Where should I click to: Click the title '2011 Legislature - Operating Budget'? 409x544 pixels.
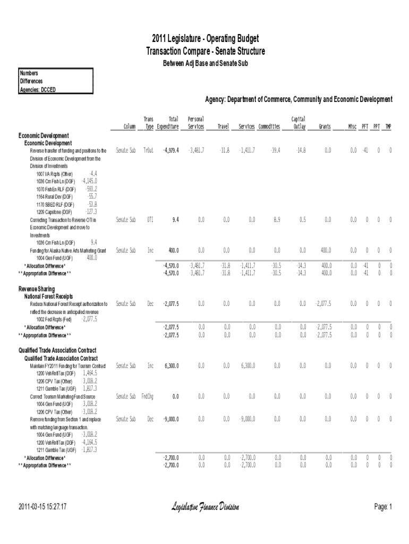point(205,39)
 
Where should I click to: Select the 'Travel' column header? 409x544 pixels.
point(223,127)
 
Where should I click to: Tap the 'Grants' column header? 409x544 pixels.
point(324,127)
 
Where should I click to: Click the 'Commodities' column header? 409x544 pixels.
point(269,127)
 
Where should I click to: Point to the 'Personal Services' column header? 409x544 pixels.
point(196,123)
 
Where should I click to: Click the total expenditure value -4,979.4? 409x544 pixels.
point(170,151)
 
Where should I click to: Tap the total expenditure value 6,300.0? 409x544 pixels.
point(172,366)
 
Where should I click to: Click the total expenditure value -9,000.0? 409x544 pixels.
point(170,419)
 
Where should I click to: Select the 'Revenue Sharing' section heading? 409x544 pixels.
point(37,288)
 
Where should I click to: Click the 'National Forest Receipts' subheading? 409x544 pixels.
point(49,296)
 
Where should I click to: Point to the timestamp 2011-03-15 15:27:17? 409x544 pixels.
point(42,507)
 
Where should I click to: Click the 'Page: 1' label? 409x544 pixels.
point(382,507)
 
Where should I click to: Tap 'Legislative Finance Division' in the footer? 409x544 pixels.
point(205,507)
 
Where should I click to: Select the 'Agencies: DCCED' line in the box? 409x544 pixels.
point(38,89)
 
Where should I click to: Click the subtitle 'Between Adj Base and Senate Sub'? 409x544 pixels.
point(205,63)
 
